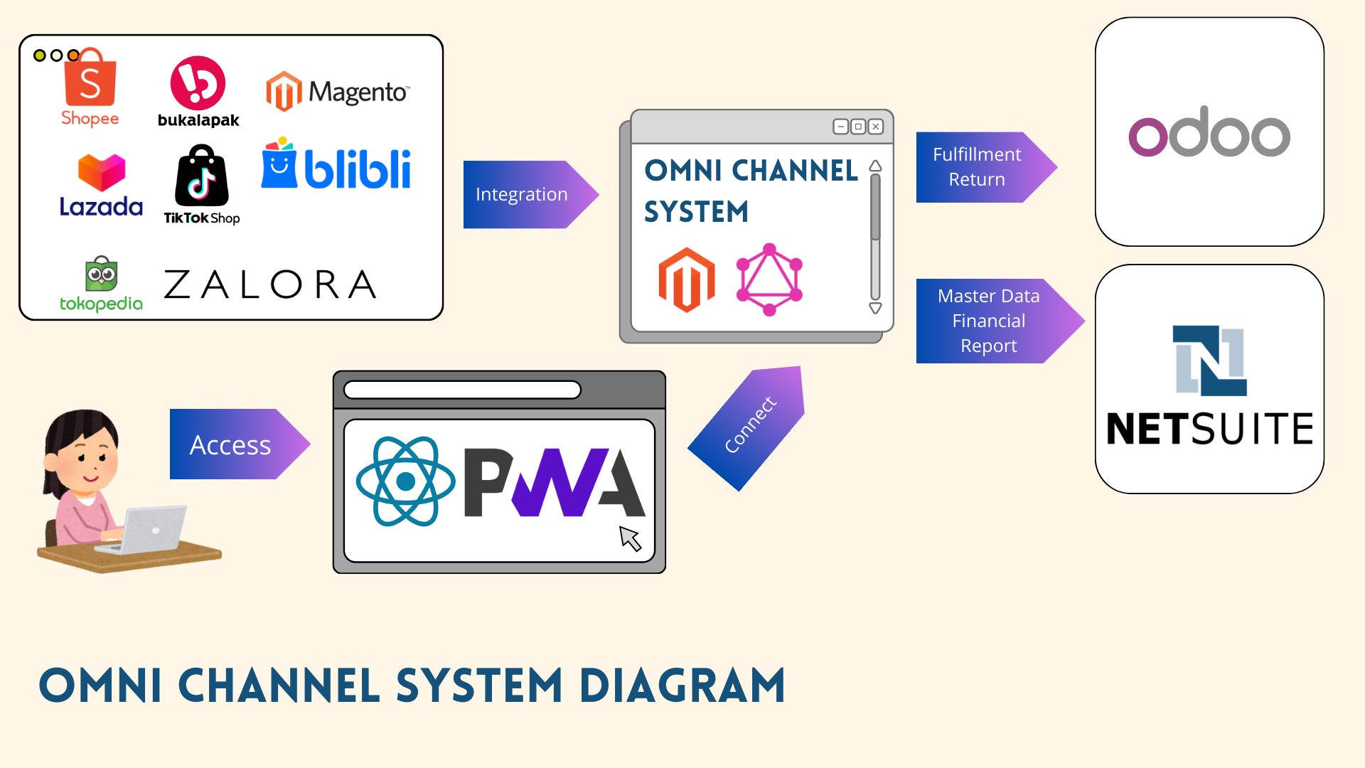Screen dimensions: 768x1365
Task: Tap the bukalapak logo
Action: pos(198,84)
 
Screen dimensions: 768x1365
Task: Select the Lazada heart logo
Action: pos(102,172)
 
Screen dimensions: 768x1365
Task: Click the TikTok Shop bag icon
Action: pos(202,176)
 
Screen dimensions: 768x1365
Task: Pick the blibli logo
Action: pos(336,164)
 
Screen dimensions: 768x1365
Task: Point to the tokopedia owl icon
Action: pos(102,274)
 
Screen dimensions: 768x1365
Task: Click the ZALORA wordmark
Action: pos(270,284)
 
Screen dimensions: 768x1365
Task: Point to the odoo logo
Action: pos(1209,133)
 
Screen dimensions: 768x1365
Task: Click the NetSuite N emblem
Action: pos(1209,361)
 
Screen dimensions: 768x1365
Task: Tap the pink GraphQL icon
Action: pos(769,279)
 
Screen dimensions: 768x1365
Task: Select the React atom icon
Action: pos(406,481)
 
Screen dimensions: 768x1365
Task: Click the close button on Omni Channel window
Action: pos(876,127)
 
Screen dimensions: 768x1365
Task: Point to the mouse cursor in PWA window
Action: pos(630,538)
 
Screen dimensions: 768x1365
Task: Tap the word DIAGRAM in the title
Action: pos(682,686)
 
